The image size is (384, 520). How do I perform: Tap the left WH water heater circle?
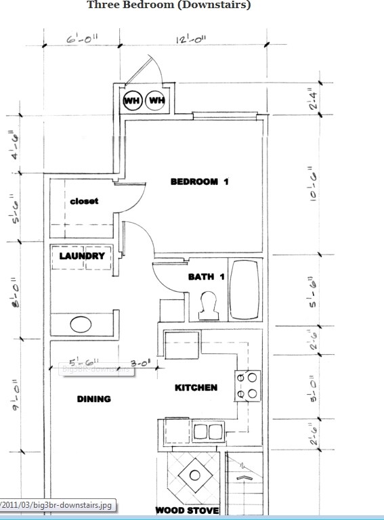131,101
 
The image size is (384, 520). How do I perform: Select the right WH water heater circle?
156,101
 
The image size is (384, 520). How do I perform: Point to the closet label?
84,201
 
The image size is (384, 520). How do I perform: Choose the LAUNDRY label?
82,256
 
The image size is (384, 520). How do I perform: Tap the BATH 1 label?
206,277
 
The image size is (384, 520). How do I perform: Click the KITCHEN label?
196,387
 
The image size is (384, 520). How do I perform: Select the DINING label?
93,399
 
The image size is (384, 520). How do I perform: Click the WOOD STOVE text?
187,510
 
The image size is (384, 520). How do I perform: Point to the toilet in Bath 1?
209,305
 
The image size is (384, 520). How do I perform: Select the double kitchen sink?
208,431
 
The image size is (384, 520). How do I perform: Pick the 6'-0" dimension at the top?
82,40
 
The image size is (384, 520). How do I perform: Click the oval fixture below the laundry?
81,324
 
